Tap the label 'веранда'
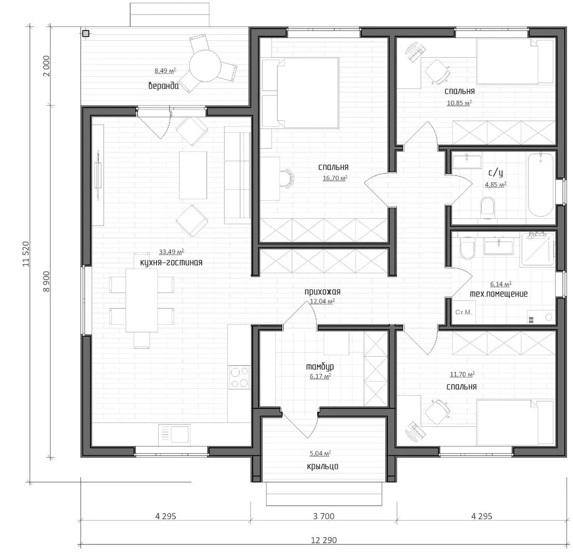tap(163, 86)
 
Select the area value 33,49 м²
tap(172, 251)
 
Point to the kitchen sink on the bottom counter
tap(174, 435)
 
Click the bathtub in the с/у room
tap(541, 185)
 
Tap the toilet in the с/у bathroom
tap(487, 207)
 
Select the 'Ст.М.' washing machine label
tap(464, 312)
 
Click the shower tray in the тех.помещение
tap(537, 249)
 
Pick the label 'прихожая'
tap(323, 292)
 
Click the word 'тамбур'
tap(320, 367)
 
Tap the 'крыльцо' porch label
tap(323, 467)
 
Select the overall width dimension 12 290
tap(324, 540)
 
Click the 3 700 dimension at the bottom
tap(324, 516)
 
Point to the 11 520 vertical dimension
tap(26, 254)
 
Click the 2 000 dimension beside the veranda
tap(46, 66)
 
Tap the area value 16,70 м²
tap(335, 178)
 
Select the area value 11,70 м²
tap(462, 374)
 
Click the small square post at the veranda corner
tap(86, 34)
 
